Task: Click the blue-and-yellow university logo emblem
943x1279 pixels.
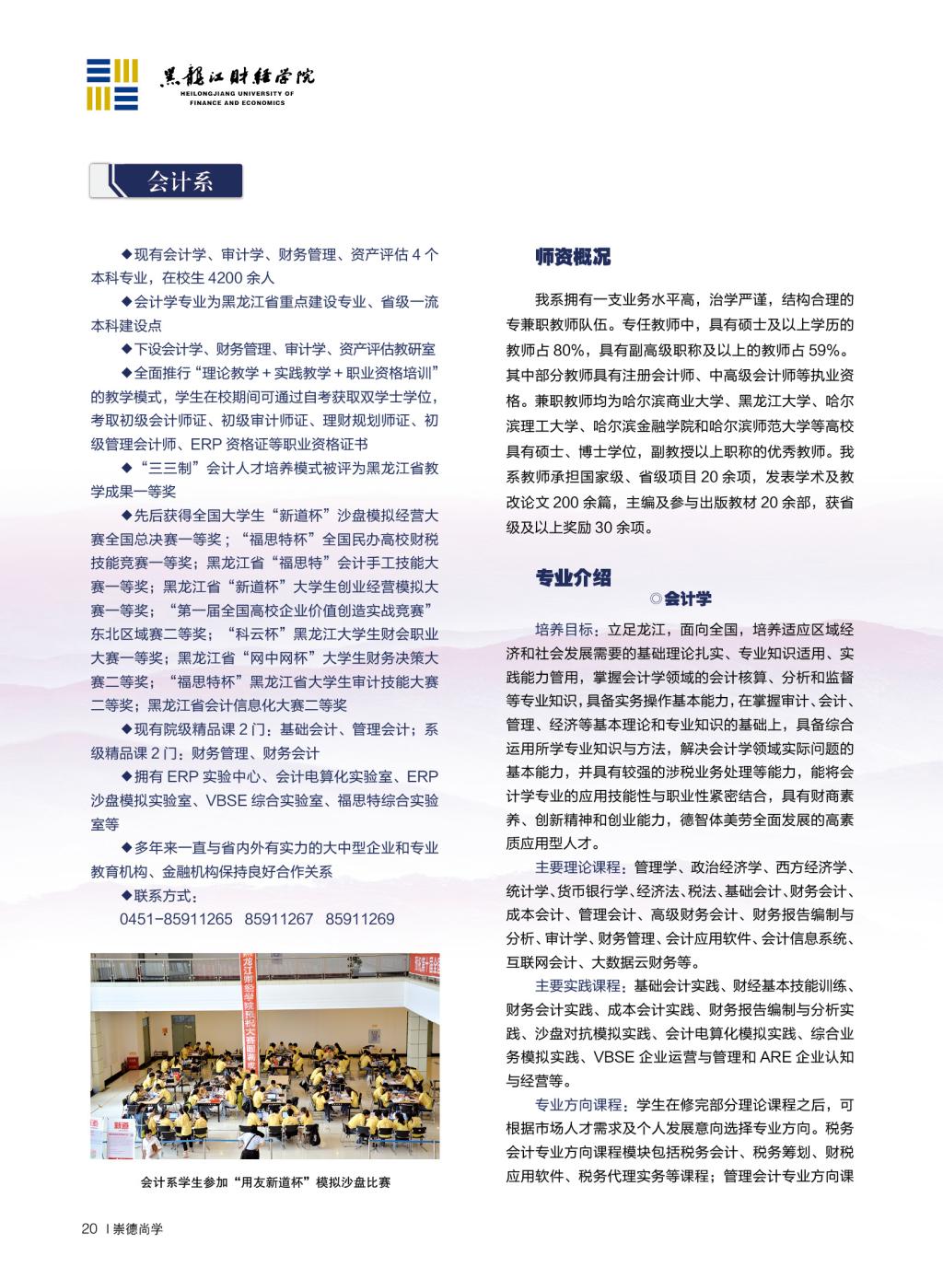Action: [112, 85]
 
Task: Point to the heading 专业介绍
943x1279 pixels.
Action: [573, 578]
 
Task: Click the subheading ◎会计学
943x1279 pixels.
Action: [681, 599]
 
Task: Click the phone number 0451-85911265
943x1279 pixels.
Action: [176, 919]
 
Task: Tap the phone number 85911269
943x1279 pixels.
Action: [360, 919]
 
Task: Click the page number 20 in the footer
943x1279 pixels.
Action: [89, 1228]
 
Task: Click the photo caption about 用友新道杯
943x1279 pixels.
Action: [265, 1182]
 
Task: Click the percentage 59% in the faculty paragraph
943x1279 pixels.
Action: [821, 351]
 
